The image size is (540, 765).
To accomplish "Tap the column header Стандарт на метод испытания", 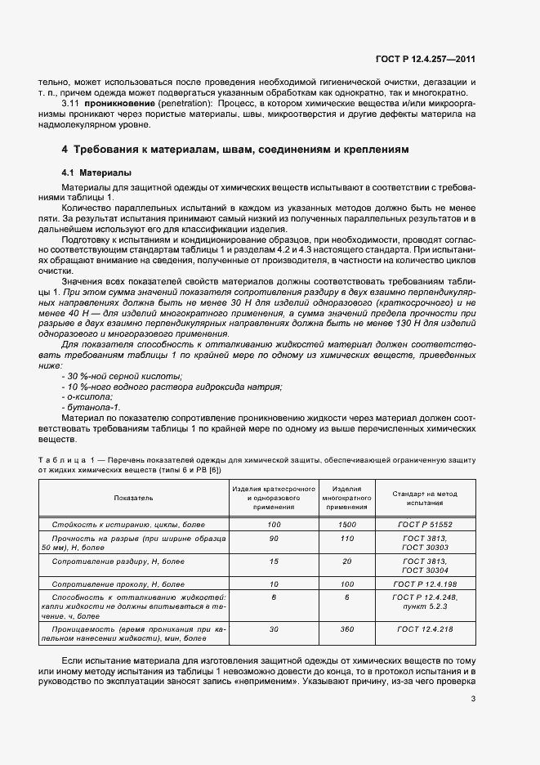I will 423,497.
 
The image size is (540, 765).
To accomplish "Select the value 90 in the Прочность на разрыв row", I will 274,538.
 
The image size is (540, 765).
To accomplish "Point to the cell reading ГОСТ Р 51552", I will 423,523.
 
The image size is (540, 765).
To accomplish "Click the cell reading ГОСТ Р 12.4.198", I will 423,584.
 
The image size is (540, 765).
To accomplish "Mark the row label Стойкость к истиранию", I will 128,523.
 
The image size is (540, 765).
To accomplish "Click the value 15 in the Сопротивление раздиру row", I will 274,561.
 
